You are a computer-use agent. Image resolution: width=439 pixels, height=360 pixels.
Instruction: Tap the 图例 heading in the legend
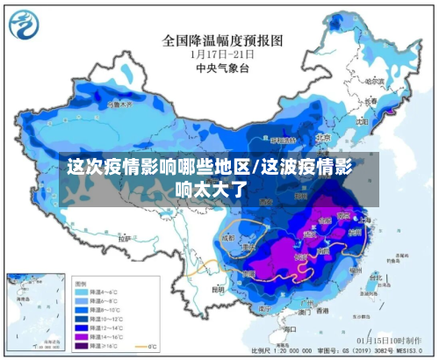pyautogui.click(x=81, y=283)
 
